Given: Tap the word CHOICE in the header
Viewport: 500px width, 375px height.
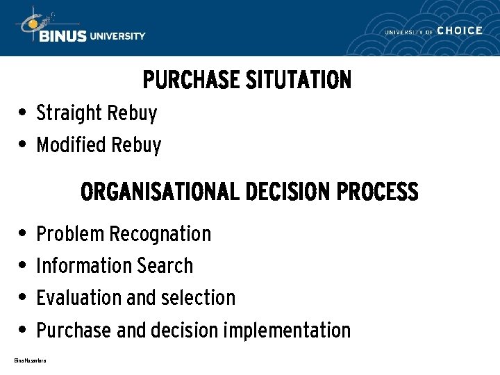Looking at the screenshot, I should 460,31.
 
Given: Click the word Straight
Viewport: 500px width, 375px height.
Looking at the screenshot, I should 69,112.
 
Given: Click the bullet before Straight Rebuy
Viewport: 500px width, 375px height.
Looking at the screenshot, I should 23,112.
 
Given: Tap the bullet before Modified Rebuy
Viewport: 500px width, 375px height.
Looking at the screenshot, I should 23,144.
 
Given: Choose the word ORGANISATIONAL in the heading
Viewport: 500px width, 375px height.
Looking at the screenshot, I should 160,191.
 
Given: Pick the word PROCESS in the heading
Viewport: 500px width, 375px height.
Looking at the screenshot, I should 378,191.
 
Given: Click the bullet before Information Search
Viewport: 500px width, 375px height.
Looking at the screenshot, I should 23,265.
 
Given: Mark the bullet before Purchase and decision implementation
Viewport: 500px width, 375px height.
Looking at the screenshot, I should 23,328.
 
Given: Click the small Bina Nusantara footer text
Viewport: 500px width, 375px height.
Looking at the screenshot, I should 30,360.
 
